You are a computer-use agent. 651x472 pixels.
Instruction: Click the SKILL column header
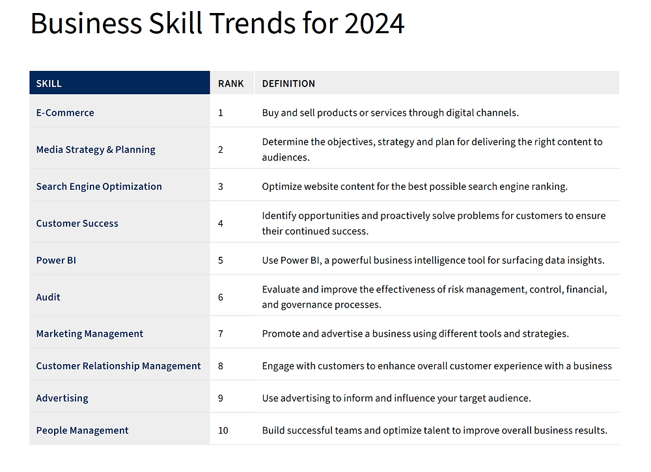(x=49, y=84)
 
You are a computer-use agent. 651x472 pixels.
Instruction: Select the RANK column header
(x=231, y=84)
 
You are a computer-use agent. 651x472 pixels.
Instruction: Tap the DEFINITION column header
(x=288, y=84)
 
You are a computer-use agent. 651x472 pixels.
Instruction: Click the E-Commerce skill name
(x=65, y=113)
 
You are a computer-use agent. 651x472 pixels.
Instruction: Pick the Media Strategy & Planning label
(x=96, y=150)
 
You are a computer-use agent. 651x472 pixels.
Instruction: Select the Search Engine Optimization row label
(x=99, y=187)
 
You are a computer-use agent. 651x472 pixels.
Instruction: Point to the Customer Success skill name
(x=77, y=224)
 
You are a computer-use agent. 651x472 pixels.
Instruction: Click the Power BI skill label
(x=56, y=261)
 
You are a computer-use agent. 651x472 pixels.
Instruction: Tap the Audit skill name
(x=48, y=297)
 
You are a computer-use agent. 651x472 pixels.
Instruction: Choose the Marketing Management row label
(x=90, y=334)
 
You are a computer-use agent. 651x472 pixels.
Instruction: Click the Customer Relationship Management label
(x=118, y=366)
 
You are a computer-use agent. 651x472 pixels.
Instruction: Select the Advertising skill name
(x=62, y=399)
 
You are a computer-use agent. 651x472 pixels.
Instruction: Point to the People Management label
(x=82, y=430)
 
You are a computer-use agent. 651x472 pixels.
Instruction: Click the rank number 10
(x=223, y=430)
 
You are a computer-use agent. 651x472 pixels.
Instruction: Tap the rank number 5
(x=221, y=261)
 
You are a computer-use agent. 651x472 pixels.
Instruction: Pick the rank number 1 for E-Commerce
(x=221, y=113)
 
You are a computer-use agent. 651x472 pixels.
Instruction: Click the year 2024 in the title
(x=374, y=23)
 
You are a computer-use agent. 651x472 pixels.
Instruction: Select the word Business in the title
(x=87, y=23)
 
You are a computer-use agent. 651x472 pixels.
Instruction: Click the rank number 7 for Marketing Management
(x=221, y=334)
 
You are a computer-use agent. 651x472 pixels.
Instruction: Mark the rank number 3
(x=221, y=187)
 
